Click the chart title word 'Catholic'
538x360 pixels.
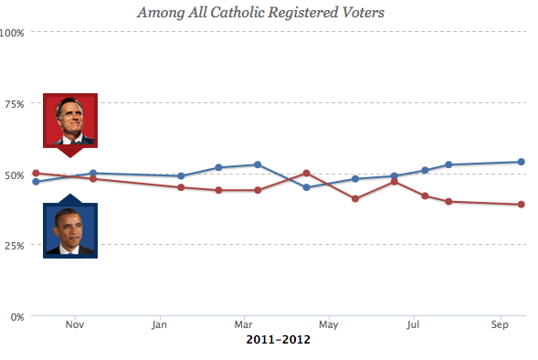237,13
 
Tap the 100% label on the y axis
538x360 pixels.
12,33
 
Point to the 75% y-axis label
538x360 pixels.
15,104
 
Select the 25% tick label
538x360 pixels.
15,246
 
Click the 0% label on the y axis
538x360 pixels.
17,317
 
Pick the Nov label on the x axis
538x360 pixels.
75,324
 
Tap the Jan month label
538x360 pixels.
160,324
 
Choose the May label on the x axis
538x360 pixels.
329,324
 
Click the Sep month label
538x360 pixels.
500,324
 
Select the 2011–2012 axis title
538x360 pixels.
279,340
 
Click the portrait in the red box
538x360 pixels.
70,121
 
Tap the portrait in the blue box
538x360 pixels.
70,230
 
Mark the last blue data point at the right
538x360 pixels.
521,162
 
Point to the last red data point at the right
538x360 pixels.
521,204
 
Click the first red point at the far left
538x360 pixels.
36,173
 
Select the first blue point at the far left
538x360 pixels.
36,182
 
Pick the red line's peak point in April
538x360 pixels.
306,173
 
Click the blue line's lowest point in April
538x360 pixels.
306,187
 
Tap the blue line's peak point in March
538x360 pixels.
258,164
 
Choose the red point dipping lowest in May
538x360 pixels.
355,198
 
